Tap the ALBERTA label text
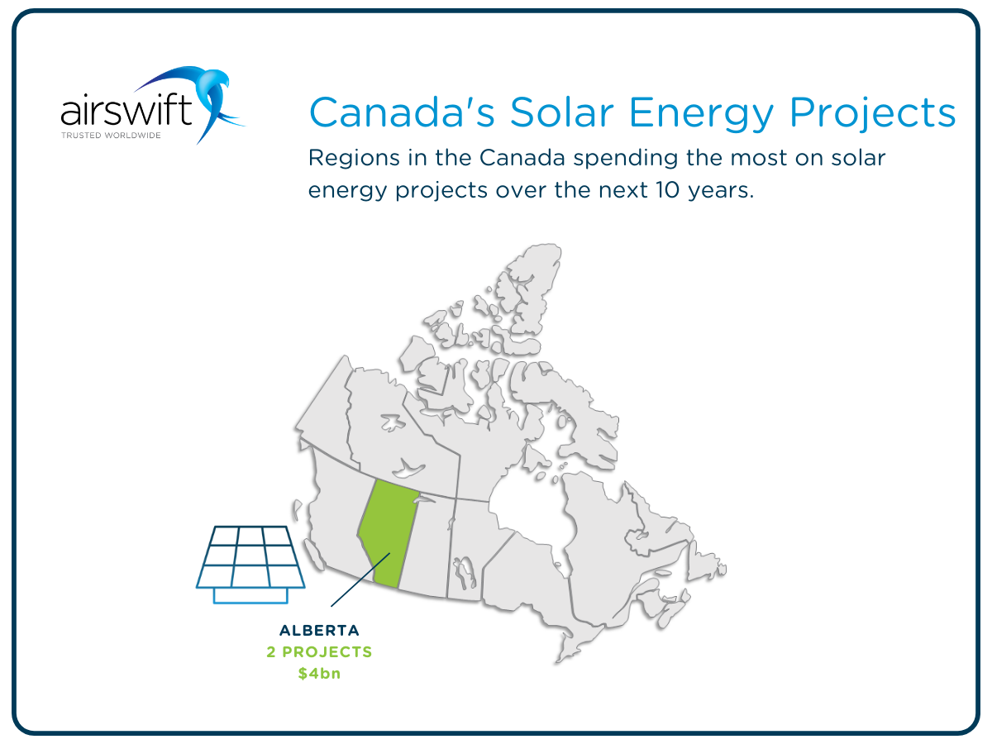point(320,630)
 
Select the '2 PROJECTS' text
point(320,652)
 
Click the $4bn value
point(320,674)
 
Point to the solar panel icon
point(250,565)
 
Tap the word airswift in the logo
point(126,111)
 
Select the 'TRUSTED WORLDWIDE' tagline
point(111,135)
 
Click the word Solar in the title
point(562,112)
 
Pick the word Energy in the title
point(701,115)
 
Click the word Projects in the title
point(873,114)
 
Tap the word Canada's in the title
point(403,112)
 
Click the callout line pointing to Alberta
point(360,579)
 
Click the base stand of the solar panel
point(250,596)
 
